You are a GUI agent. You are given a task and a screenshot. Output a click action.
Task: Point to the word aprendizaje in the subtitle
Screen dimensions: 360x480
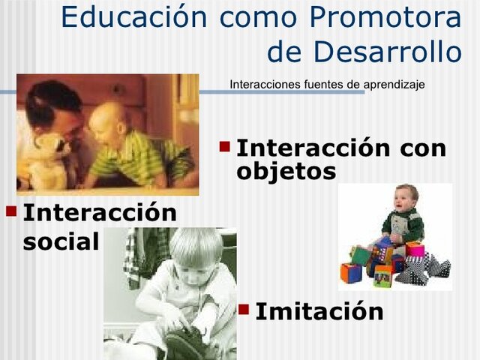click(394, 84)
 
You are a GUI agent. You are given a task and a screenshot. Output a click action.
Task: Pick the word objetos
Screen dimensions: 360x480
click(286, 172)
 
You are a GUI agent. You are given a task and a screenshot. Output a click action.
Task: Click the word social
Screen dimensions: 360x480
click(61, 241)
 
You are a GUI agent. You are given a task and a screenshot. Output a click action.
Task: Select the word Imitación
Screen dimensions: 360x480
click(319, 311)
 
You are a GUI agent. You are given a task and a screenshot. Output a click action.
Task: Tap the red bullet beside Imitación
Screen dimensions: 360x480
click(244, 307)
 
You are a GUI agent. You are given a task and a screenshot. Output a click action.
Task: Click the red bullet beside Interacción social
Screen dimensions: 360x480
click(11, 209)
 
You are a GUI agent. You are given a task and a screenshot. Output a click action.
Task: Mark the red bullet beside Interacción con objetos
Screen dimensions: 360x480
click(225, 142)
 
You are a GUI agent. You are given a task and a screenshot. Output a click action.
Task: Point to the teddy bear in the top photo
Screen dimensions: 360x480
click(49, 154)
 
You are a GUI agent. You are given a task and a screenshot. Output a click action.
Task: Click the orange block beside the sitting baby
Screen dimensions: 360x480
click(350, 272)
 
